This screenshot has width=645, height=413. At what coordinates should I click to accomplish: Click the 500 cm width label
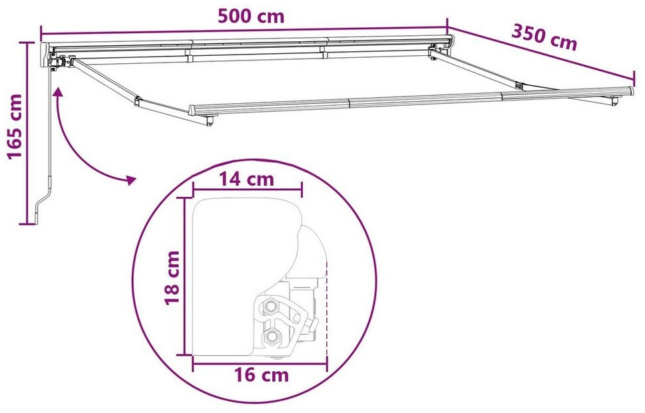coord(250,17)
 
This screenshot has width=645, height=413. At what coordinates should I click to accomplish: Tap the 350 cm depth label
coord(544,37)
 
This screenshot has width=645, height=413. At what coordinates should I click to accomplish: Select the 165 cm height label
coord(15,126)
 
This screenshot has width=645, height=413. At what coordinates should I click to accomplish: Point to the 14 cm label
coord(246,180)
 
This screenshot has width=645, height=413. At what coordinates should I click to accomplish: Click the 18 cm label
coord(172,277)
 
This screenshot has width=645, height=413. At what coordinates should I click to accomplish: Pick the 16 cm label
coord(262,375)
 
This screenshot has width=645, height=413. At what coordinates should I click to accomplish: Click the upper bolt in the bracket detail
coord(271,305)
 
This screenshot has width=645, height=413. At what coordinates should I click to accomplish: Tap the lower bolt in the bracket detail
coord(271,337)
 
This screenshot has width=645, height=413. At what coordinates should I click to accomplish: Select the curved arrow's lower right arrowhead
coord(131,180)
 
